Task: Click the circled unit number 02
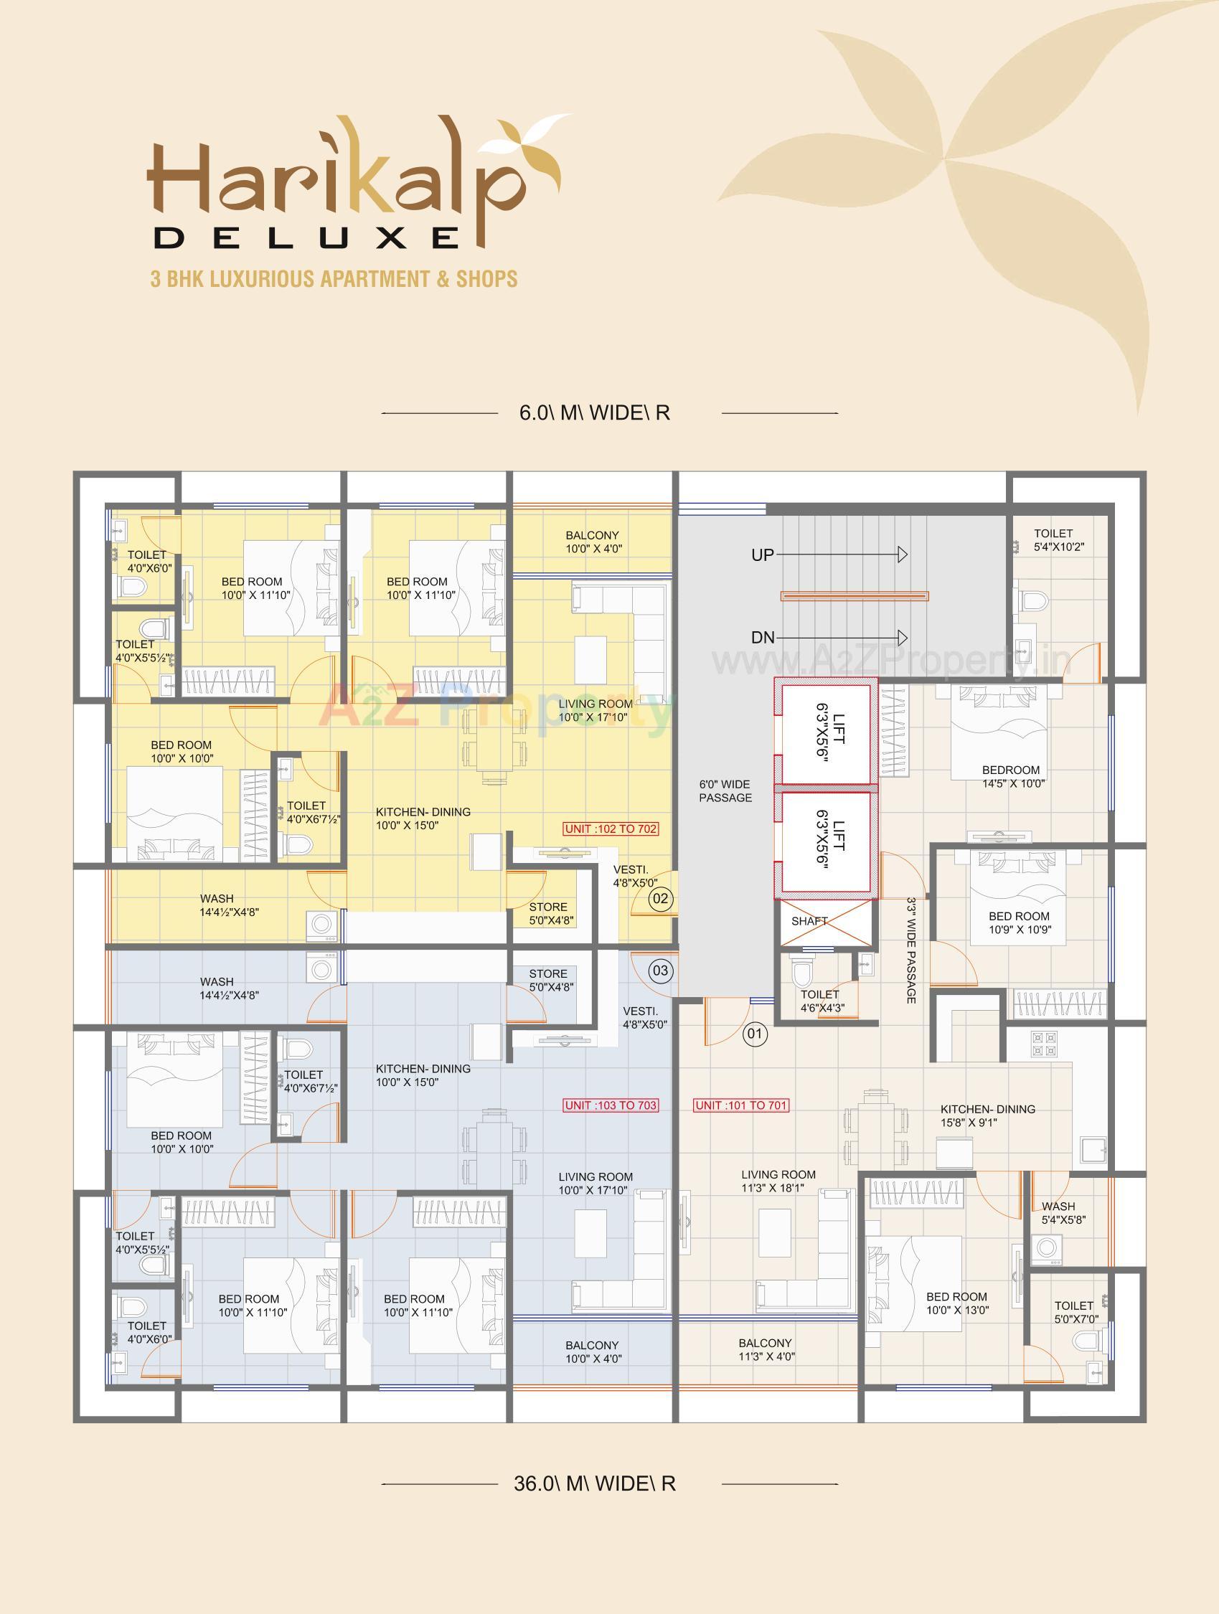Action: [660, 898]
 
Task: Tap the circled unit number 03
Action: [660, 971]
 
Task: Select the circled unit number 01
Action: [755, 1033]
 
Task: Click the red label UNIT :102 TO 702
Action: [611, 829]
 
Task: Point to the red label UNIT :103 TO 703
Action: [611, 1105]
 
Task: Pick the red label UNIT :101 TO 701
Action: [741, 1105]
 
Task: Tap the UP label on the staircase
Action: [762, 555]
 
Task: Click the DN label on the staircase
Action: [763, 638]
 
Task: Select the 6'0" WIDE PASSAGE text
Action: [725, 791]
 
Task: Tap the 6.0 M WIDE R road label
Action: [594, 413]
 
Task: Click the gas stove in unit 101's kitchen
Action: [1042, 1044]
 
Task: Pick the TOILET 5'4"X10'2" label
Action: [1053, 540]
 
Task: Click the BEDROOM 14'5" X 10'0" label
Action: [1010, 776]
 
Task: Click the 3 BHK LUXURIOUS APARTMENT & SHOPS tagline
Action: [334, 279]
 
